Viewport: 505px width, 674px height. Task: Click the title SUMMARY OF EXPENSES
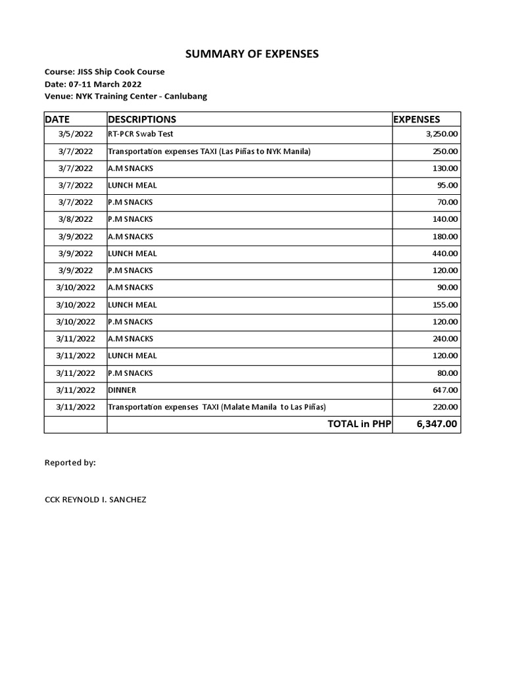coord(252,53)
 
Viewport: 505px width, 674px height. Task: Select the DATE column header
coord(57,119)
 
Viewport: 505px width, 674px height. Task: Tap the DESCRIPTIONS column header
coord(142,119)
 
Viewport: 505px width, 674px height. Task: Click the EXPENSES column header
coord(417,119)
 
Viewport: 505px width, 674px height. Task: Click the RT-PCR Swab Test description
coord(141,134)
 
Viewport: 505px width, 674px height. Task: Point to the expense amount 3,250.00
coord(442,134)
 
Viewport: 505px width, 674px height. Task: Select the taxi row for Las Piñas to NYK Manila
coord(209,151)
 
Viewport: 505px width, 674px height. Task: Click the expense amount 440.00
coord(446,253)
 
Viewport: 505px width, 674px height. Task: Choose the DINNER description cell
coord(122,390)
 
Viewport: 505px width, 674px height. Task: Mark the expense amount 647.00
coord(446,390)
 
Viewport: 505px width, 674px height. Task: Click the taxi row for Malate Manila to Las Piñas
coord(217,407)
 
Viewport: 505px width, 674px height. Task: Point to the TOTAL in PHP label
coord(359,424)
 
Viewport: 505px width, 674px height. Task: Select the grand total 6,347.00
coord(437,424)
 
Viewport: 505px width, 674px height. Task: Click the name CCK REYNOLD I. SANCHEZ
coord(95,500)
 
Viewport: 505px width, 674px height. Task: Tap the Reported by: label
coord(70,463)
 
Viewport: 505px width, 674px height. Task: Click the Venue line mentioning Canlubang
coord(126,96)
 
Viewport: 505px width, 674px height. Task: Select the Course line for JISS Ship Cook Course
coord(105,72)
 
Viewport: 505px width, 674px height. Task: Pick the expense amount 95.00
coord(448,186)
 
